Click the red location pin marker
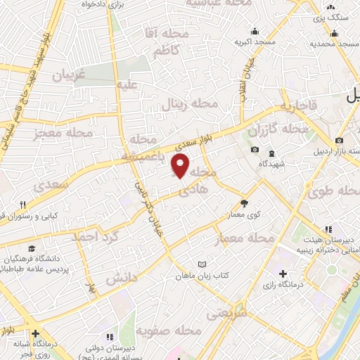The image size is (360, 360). pyautogui.click(x=181, y=166)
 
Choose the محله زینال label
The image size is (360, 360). pyautogui.click(x=191, y=104)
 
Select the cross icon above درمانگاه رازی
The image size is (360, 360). pyautogui.click(x=283, y=274)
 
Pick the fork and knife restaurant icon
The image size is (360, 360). pyautogui.click(x=22, y=205)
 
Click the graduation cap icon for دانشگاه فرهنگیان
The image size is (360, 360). pyautogui.click(x=31, y=249)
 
